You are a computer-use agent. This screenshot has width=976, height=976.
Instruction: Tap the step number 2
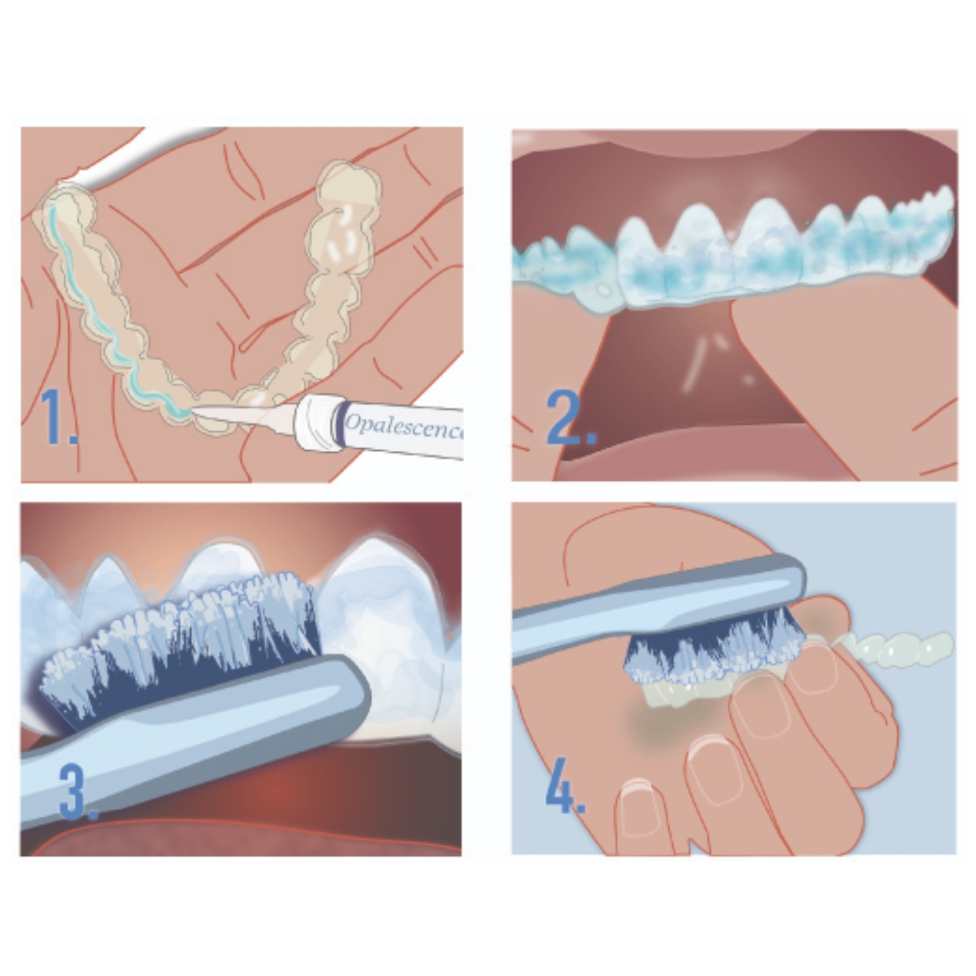pos(571,418)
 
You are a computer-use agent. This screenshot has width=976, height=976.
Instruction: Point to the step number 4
pos(565,786)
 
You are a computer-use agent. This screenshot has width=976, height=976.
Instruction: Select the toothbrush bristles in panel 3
pos(183,647)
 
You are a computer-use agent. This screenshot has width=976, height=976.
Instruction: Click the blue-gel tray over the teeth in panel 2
pos(732,250)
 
